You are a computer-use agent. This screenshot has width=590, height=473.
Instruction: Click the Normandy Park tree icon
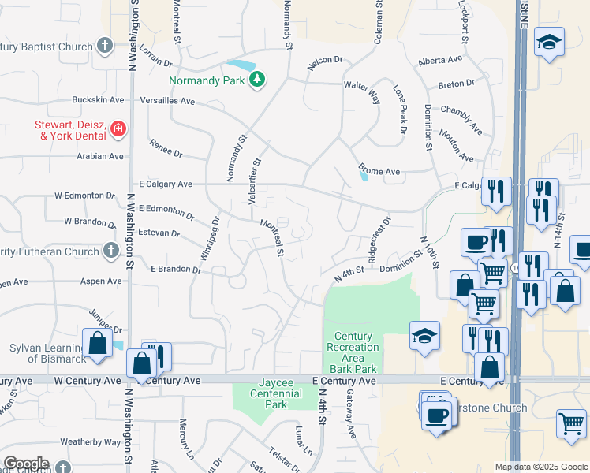[x=257, y=79]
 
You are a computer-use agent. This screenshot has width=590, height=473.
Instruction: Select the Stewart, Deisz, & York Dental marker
[x=118, y=128]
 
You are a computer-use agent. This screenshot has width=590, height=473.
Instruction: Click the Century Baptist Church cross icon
[x=106, y=46]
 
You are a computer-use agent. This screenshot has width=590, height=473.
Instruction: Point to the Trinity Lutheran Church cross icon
[x=111, y=251]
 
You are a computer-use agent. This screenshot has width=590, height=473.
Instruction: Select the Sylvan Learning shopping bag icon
[x=97, y=345]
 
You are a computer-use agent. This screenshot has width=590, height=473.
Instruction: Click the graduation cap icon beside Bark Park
[x=424, y=337]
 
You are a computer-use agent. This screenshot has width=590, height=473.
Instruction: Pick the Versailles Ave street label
[x=166, y=101]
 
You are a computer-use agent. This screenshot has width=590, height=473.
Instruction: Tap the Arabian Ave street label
[x=99, y=156]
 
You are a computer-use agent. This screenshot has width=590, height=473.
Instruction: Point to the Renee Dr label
[x=166, y=148]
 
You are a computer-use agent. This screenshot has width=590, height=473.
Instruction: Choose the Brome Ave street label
[x=379, y=170]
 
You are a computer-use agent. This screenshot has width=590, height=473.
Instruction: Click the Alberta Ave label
[x=440, y=60]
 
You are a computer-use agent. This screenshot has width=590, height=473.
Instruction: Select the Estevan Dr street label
[x=159, y=234]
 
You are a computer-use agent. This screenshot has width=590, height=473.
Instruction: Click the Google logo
[x=26, y=464]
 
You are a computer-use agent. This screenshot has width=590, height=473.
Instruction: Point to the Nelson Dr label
[x=326, y=60]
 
